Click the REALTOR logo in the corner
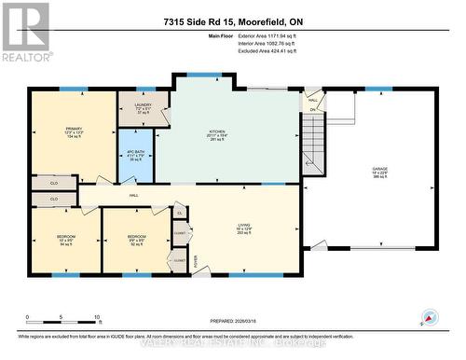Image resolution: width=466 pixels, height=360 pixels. coord(25,32)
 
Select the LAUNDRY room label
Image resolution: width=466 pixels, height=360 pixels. coord(142,108)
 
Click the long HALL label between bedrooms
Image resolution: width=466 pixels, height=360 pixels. coord(133,196)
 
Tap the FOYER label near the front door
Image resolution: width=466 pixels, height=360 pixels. coord(195,262)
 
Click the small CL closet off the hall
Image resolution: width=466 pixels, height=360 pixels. coord(179,213)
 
